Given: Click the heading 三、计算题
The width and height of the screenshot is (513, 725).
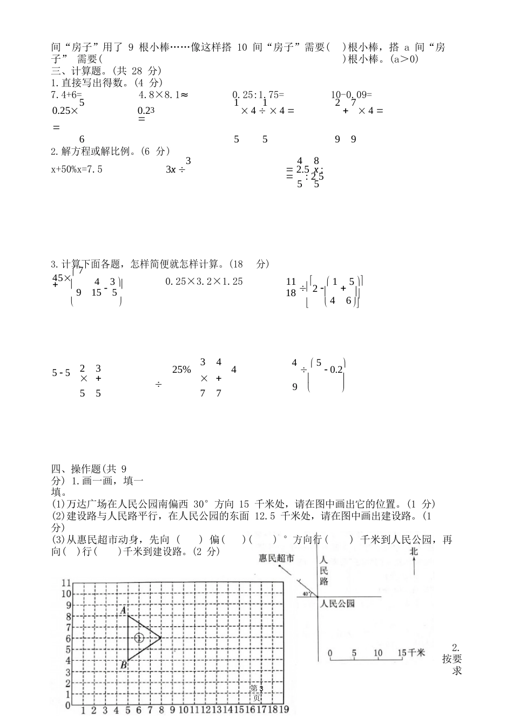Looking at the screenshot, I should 79,71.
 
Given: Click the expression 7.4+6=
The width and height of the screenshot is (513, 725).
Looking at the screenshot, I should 66,94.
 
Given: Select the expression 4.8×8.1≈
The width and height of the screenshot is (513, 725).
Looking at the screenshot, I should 163,94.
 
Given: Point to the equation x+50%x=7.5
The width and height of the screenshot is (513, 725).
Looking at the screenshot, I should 77,169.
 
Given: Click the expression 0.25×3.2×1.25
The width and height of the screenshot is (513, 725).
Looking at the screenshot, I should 204,281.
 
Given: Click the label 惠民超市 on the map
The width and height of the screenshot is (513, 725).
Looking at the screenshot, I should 276,558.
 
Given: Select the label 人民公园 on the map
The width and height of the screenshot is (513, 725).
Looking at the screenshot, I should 337,604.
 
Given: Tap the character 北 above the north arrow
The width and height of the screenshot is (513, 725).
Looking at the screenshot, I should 414,551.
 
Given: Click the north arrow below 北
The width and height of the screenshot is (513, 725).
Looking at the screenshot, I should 414,567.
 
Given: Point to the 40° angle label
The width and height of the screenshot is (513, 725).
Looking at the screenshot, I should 307,594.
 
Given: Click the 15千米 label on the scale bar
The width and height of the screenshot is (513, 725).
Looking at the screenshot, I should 411,653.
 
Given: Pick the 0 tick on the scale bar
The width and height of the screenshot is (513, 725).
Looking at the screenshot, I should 330,653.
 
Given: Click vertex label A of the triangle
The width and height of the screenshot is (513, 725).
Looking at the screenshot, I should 124,610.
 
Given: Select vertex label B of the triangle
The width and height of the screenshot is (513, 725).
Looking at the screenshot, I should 124,665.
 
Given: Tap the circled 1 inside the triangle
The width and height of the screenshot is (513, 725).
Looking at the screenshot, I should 139,638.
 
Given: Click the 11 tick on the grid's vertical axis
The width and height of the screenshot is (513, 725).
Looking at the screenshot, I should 65,583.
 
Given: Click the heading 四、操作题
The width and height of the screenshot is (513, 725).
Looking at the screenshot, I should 79,469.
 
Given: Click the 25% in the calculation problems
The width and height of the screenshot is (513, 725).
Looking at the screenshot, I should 181,370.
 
